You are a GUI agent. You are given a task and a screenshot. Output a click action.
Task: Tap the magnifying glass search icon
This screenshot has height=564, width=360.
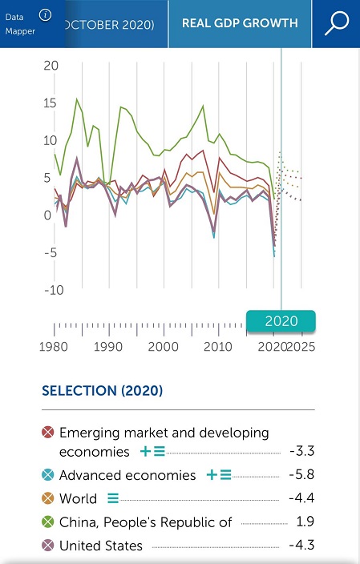click(337, 23)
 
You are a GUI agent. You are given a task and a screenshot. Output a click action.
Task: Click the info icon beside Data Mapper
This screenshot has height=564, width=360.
click(45, 15)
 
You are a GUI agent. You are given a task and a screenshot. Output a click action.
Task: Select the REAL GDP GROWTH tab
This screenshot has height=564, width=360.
click(240, 23)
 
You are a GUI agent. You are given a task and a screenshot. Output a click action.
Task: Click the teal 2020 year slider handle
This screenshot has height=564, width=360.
click(281, 320)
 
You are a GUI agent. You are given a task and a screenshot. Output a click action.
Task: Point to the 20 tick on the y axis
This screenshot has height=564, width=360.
click(51, 66)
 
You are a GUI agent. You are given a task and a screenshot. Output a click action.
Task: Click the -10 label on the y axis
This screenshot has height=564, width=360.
click(54, 290)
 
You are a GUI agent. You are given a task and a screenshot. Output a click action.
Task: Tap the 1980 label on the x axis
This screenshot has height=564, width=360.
click(53, 347)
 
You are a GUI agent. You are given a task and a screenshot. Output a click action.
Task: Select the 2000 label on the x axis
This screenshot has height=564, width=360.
click(163, 347)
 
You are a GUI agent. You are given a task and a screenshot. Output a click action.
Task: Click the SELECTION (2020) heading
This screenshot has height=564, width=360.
click(103, 391)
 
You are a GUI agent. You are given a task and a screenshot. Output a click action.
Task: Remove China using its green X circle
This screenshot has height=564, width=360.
click(48, 522)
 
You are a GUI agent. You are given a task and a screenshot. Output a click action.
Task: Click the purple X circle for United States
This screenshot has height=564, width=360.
click(48, 546)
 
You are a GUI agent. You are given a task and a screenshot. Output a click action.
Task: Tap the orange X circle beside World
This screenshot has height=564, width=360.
click(48, 498)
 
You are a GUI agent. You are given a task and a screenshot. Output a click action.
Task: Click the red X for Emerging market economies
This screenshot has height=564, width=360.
click(48, 432)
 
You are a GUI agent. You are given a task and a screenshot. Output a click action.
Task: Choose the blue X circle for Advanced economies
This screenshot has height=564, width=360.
click(48, 475)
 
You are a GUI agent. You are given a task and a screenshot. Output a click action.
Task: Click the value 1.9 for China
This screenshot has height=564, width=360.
click(305, 522)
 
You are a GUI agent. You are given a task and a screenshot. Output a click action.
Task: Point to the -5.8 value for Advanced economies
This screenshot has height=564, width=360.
click(301, 475)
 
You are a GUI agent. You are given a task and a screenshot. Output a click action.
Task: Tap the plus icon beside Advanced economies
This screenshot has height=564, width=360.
click(212, 475)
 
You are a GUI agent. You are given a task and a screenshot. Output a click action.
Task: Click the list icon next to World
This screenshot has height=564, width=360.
click(113, 498)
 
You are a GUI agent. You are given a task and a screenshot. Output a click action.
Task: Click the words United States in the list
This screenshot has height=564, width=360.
click(101, 546)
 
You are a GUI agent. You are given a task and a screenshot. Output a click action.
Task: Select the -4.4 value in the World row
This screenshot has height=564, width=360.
click(301, 498)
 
